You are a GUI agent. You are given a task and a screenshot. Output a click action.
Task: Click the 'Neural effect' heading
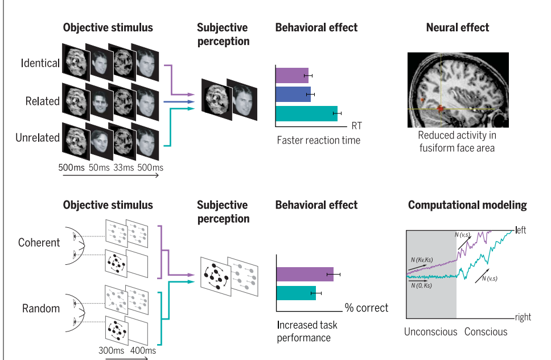tap(457, 27)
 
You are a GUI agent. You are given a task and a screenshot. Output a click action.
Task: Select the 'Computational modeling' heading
tap(467, 205)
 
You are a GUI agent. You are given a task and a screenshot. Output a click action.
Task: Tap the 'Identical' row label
tap(40, 63)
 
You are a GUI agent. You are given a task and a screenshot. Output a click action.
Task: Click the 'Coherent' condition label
tap(39, 242)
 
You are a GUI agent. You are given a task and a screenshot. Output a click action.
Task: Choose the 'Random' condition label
tap(41, 308)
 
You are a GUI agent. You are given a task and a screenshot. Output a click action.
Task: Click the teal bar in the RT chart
tap(306, 113)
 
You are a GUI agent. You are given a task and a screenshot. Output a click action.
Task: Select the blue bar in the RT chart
tap(293, 94)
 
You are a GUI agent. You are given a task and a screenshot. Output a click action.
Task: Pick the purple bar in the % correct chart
tap(305, 274)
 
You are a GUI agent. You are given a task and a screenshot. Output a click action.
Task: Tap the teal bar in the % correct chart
tap(296, 293)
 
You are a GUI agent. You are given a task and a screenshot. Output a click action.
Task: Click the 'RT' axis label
tap(357, 125)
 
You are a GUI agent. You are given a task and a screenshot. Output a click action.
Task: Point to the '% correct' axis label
tap(367, 308)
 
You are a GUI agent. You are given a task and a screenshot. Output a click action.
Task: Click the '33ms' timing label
tap(124, 167)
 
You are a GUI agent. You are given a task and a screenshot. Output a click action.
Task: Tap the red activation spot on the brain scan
tap(440, 108)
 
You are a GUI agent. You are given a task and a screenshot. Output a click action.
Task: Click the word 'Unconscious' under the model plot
tap(430, 332)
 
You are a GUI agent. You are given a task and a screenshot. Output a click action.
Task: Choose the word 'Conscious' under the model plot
tap(486, 332)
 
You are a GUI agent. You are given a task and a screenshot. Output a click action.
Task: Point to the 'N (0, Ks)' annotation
tap(421, 285)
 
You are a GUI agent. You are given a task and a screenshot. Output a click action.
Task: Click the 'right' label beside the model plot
tap(523, 317)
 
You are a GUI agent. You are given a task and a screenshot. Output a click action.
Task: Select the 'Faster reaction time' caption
tap(318, 140)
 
